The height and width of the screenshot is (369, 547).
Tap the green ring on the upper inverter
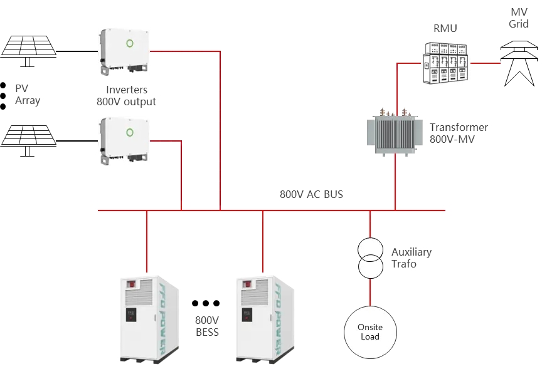(x=131, y=43)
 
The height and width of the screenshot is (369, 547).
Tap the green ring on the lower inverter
(x=130, y=132)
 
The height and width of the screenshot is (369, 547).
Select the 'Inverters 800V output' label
(x=126, y=96)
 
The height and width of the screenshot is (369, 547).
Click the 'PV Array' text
(x=28, y=94)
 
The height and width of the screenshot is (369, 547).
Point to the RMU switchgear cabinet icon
(x=445, y=63)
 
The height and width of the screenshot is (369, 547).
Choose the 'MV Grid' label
(x=519, y=18)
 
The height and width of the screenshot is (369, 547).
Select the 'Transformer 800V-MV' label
(x=458, y=133)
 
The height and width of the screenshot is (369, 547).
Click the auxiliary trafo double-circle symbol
(x=370, y=258)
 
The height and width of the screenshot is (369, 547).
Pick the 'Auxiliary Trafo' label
(x=411, y=257)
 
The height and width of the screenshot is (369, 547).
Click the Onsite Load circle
(x=370, y=332)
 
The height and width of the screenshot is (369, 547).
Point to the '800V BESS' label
(x=206, y=326)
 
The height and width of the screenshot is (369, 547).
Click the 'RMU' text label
(x=445, y=28)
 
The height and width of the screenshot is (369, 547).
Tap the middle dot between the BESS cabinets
(x=206, y=303)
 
